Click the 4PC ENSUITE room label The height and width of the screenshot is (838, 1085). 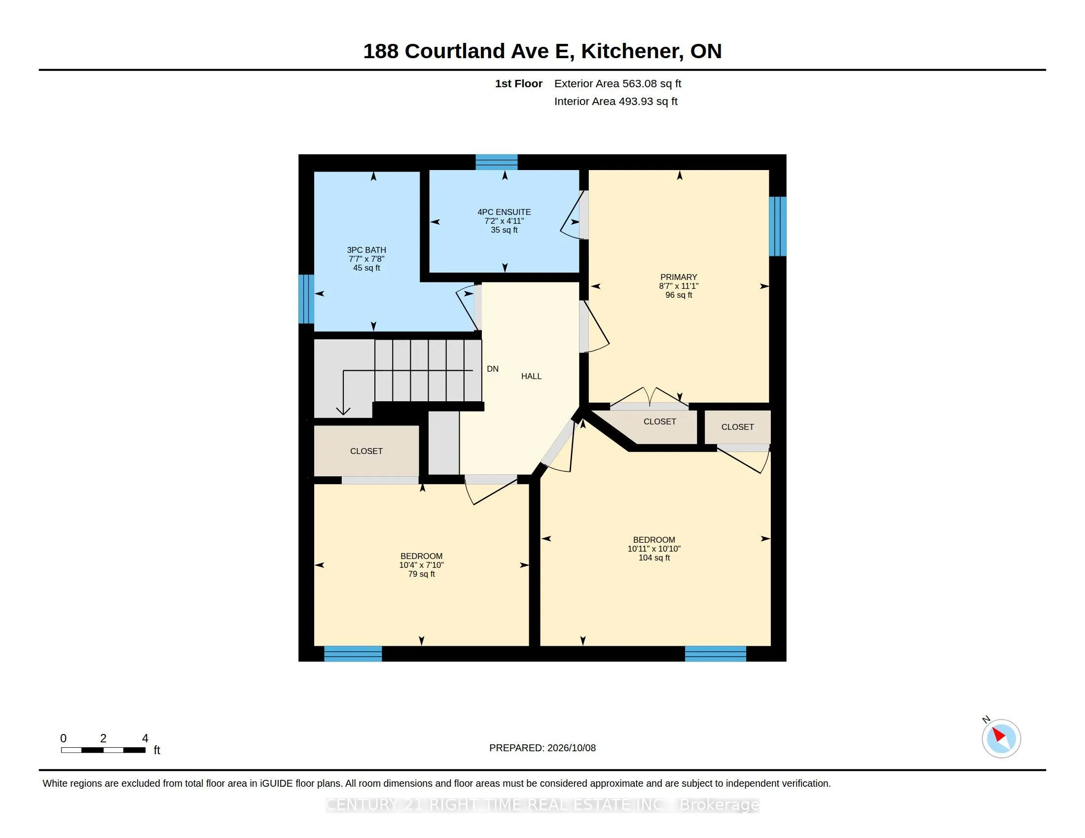(x=504, y=212)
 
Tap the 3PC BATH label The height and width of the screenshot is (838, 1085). (x=366, y=250)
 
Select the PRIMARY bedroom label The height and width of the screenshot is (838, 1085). (x=679, y=277)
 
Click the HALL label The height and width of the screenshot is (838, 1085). (x=531, y=376)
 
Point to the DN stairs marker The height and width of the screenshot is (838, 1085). (x=493, y=369)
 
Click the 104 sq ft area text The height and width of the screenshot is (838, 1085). (x=654, y=558)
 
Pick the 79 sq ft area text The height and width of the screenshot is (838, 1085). (x=422, y=574)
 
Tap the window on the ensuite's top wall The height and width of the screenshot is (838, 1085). (x=497, y=162)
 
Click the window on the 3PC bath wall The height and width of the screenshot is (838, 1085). (x=306, y=299)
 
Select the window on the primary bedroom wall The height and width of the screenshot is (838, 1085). (x=778, y=226)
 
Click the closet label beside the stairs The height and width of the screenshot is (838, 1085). (x=366, y=451)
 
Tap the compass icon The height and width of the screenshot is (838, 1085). (x=1001, y=739)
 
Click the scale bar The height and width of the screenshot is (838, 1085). (x=104, y=750)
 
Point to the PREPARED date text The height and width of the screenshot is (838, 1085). (x=542, y=748)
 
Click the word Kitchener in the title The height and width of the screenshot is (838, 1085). (x=630, y=51)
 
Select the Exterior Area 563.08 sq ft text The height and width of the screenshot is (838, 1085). (x=617, y=84)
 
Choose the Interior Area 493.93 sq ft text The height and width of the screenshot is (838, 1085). (x=616, y=102)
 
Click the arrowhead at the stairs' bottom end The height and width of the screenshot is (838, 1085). (x=343, y=411)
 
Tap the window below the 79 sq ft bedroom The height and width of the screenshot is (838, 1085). (x=353, y=654)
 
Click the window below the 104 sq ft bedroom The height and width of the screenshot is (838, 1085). (x=716, y=654)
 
